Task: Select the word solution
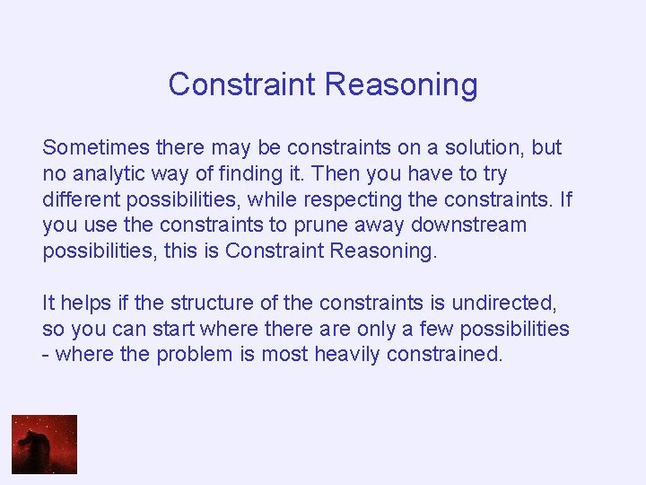[482, 147]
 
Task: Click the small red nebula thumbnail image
[44, 444]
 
